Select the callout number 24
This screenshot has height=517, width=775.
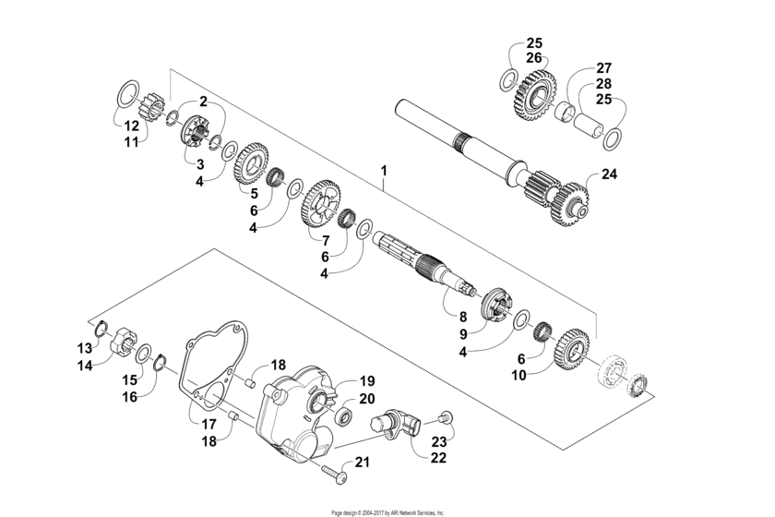click(609, 173)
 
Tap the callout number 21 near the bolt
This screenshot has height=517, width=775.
click(363, 462)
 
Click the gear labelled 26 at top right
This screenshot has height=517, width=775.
click(532, 96)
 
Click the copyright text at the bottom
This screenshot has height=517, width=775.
click(387, 511)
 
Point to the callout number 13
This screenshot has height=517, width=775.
click(85, 348)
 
